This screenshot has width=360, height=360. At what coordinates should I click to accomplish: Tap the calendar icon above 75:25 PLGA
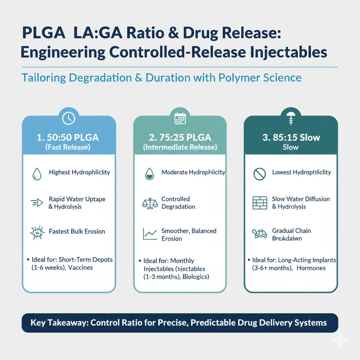[180, 119]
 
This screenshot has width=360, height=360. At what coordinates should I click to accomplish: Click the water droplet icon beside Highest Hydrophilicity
[37, 174]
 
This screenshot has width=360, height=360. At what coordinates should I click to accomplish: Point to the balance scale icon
[150, 203]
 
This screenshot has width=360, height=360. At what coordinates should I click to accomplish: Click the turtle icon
[259, 233]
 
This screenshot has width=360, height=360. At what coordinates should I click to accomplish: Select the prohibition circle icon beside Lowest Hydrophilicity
[259, 174]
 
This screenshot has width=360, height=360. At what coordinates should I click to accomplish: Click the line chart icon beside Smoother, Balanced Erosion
[150, 234]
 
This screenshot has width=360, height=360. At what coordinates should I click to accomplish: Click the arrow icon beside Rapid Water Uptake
[37, 202]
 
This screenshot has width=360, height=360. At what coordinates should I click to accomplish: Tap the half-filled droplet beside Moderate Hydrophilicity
[149, 174]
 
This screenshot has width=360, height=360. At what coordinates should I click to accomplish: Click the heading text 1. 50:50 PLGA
[68, 137]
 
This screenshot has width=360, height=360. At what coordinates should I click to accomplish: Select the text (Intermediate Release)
[180, 147]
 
